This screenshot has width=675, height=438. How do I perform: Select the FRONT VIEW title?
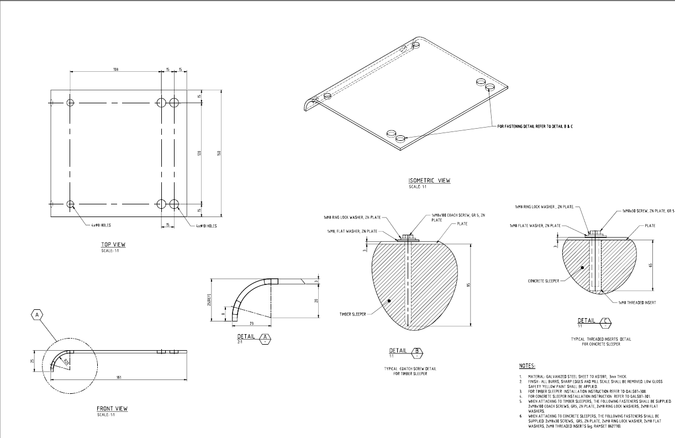[x=112, y=409]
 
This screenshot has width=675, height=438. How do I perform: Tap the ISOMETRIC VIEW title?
[x=429, y=181]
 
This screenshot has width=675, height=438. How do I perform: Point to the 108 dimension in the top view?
[x=116, y=70]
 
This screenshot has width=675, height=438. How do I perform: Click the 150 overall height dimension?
[x=219, y=153]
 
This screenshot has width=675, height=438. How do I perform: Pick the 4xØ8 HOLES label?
[x=101, y=225]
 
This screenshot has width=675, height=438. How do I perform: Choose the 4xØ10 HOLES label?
[x=206, y=225]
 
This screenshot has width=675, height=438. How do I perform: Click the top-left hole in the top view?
[x=70, y=103]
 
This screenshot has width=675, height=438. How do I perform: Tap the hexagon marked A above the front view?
[x=37, y=315]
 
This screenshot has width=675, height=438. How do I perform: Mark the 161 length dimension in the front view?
[x=119, y=377]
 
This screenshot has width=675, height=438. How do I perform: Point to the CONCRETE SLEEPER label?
[x=544, y=281]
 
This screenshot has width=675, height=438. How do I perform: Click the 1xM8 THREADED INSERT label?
[x=637, y=303]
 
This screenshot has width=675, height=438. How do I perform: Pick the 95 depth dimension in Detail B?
[x=468, y=285]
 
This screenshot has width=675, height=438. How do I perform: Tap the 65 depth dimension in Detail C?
[x=651, y=265]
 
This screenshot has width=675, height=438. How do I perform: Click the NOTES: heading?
[x=527, y=366]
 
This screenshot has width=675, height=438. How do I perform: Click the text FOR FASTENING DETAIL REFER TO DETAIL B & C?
[x=535, y=126]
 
